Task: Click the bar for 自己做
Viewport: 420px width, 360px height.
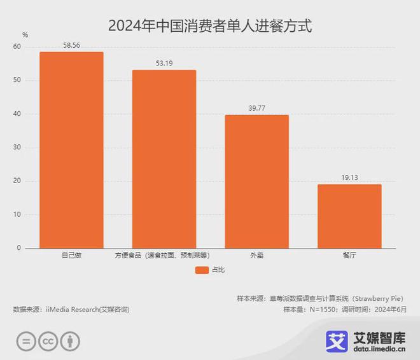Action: tap(71, 150)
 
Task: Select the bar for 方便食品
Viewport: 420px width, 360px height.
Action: tap(164, 159)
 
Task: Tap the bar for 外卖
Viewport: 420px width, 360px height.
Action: tap(256, 181)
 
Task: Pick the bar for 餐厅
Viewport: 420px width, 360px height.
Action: tap(349, 216)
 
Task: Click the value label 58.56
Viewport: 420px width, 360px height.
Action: tap(71, 46)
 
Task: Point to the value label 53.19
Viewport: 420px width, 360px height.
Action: tap(164, 64)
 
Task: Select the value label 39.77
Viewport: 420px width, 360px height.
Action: tap(256, 109)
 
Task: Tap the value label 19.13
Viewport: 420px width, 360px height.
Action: tap(349, 178)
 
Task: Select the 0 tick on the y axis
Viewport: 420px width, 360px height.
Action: tap(18, 248)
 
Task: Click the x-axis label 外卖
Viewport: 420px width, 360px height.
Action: tap(256, 256)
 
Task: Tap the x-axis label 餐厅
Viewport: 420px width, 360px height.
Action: tap(349, 256)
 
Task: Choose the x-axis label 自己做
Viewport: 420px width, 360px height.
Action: tap(71, 256)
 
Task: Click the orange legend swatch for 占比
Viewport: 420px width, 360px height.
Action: tap(202, 270)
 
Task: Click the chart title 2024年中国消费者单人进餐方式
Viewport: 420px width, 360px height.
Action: tap(210, 26)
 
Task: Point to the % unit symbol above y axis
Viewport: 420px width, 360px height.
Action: tap(25, 34)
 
